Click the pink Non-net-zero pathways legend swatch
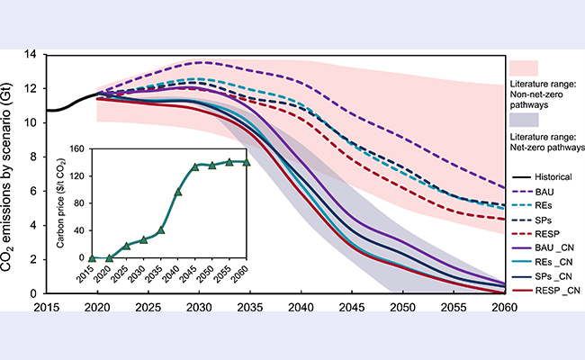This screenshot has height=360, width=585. click(x=524, y=67)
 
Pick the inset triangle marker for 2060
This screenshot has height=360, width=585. click(x=246, y=162)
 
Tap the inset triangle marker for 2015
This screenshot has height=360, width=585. click(x=92, y=258)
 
